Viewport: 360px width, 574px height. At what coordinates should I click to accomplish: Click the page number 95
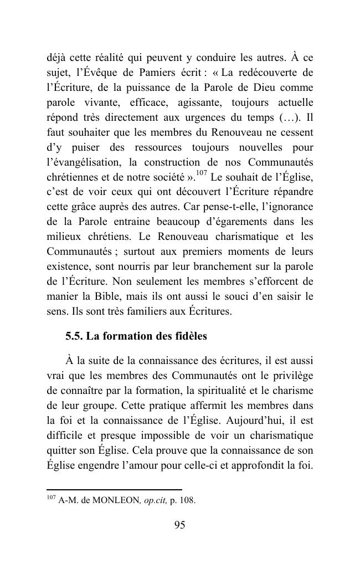(179, 526)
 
